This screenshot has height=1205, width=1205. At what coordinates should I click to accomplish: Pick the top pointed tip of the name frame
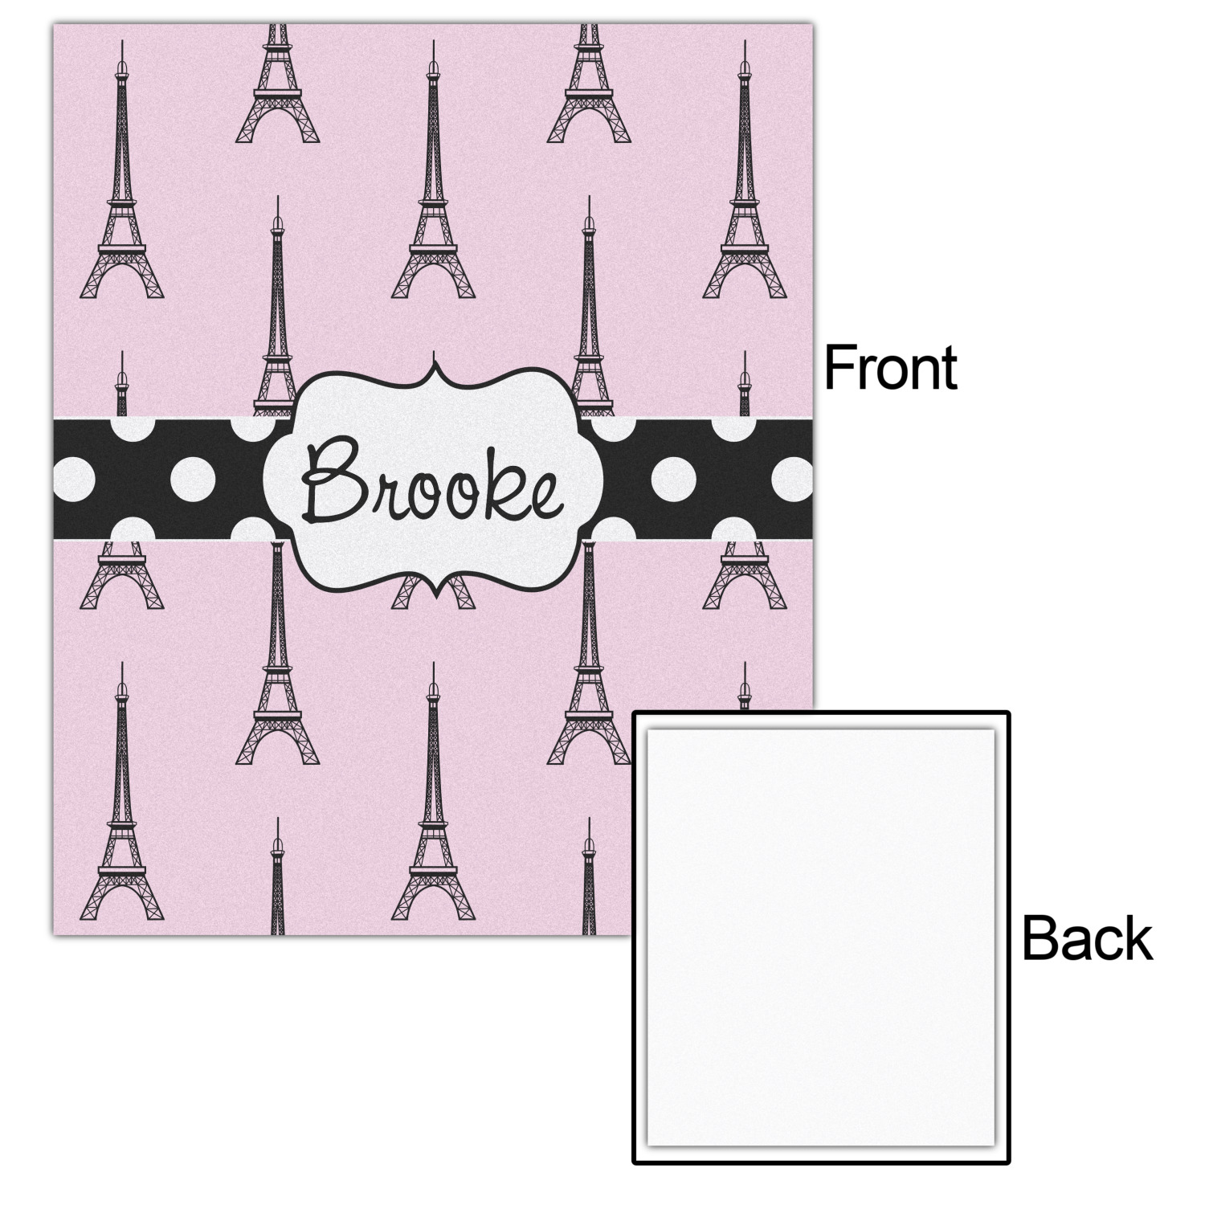(435, 363)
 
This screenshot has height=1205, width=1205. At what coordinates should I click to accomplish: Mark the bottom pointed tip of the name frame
(435, 597)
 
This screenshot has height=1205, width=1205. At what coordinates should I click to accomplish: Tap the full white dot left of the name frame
(192, 480)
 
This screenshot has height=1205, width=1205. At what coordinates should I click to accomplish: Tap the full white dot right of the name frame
(673, 480)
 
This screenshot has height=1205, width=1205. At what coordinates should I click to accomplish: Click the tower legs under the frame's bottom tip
(434, 594)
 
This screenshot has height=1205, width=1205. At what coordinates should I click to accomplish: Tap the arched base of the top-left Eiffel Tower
(121, 277)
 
